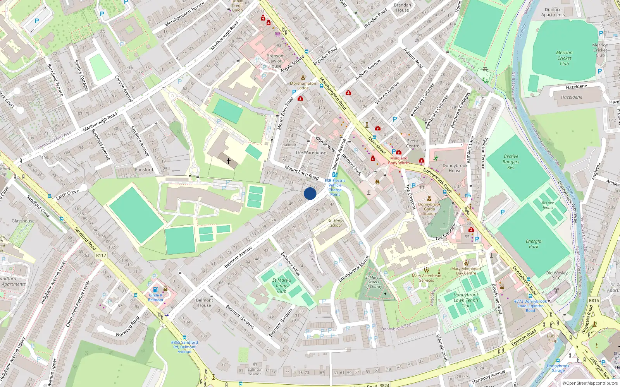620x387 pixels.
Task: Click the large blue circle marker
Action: coord(310,193)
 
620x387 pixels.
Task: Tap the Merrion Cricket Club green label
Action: coord(564,58)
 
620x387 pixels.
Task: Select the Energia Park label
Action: coord(534,243)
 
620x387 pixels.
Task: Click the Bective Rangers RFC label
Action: coord(511,162)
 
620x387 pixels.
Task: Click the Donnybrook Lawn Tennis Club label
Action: coord(466,300)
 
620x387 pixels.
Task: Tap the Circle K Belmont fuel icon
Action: coord(156,289)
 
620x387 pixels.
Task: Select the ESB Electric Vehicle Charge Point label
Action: coord(335,188)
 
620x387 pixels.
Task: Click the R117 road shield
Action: coord(101,255)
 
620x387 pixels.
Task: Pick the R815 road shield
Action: coord(594,300)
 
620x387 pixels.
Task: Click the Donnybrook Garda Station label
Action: coord(429,209)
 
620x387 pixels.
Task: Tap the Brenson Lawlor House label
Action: coord(275,61)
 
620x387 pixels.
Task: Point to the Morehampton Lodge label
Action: coord(303,86)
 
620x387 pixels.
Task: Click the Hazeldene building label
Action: coord(572,97)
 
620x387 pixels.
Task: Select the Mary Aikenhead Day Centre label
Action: coord(466,271)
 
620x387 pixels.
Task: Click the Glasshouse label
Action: coord(23,221)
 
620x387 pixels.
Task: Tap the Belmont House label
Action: coord(205,303)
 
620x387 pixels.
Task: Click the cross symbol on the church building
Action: coord(229,161)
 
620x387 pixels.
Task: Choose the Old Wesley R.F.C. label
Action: coord(556,275)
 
